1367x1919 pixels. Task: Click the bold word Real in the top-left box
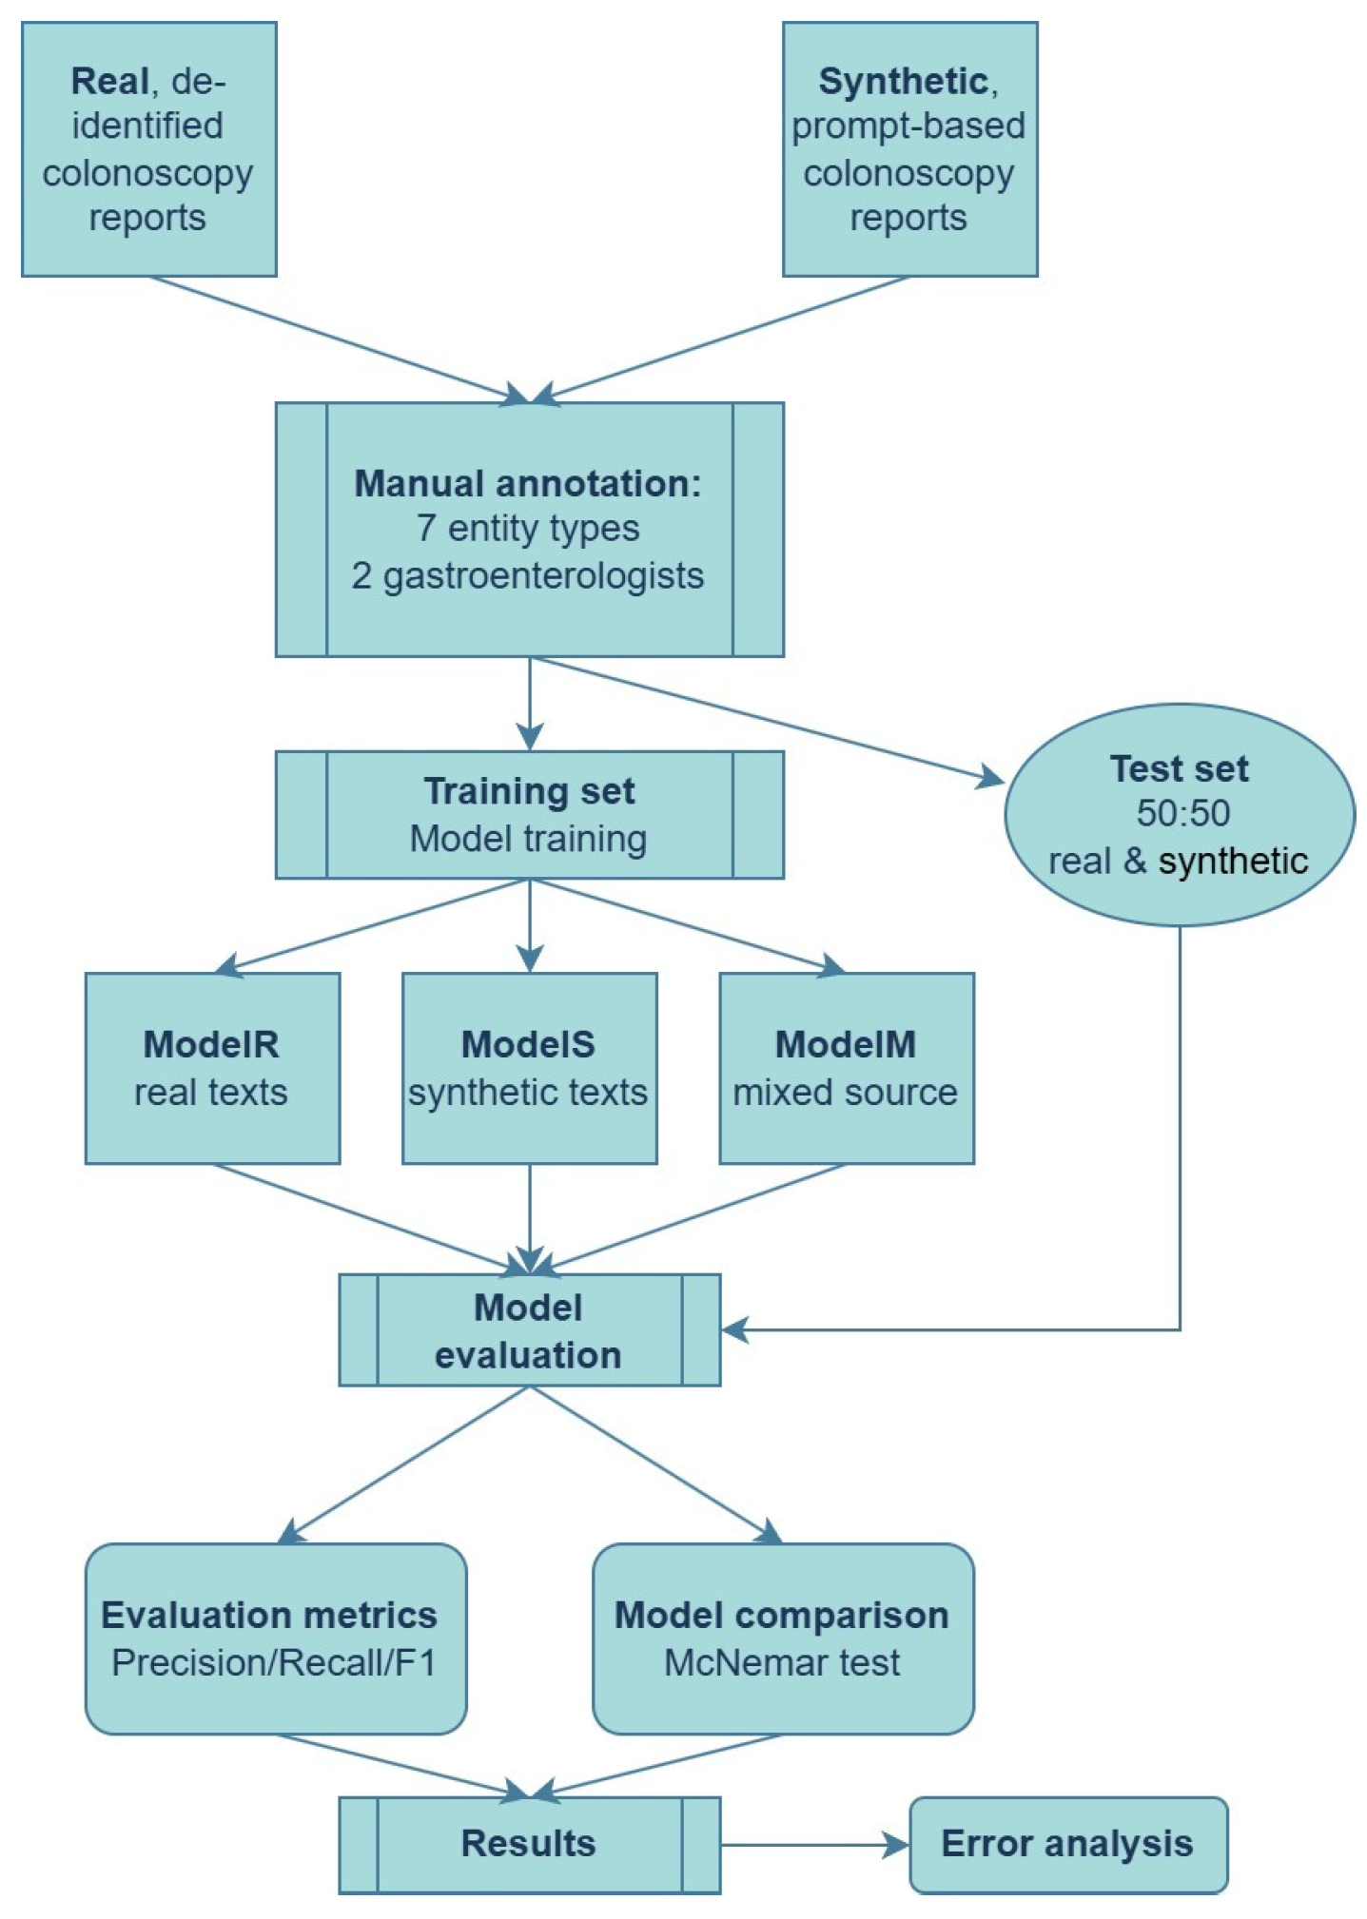click(109, 81)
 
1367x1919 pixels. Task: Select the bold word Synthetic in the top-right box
click(902, 81)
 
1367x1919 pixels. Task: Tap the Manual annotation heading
click(527, 483)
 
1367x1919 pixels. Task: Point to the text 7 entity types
click(527, 528)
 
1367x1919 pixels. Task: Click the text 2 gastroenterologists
click(527, 575)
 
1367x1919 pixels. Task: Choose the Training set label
click(529, 791)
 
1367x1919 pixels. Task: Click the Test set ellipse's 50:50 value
click(1182, 813)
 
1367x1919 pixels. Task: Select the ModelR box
click(212, 1067)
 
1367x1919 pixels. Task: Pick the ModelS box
click(529, 1067)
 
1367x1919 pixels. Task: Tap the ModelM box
click(846, 1067)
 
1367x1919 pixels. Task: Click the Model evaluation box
click(529, 1330)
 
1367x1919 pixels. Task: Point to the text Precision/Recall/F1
click(274, 1662)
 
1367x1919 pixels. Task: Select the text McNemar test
click(781, 1662)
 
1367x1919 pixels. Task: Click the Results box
click(529, 1843)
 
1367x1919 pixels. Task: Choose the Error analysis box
click(1067, 1843)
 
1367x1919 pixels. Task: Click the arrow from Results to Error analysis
click(813, 1845)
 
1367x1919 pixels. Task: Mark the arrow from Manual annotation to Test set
click(761, 717)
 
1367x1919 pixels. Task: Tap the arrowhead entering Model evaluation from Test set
click(735, 1329)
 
